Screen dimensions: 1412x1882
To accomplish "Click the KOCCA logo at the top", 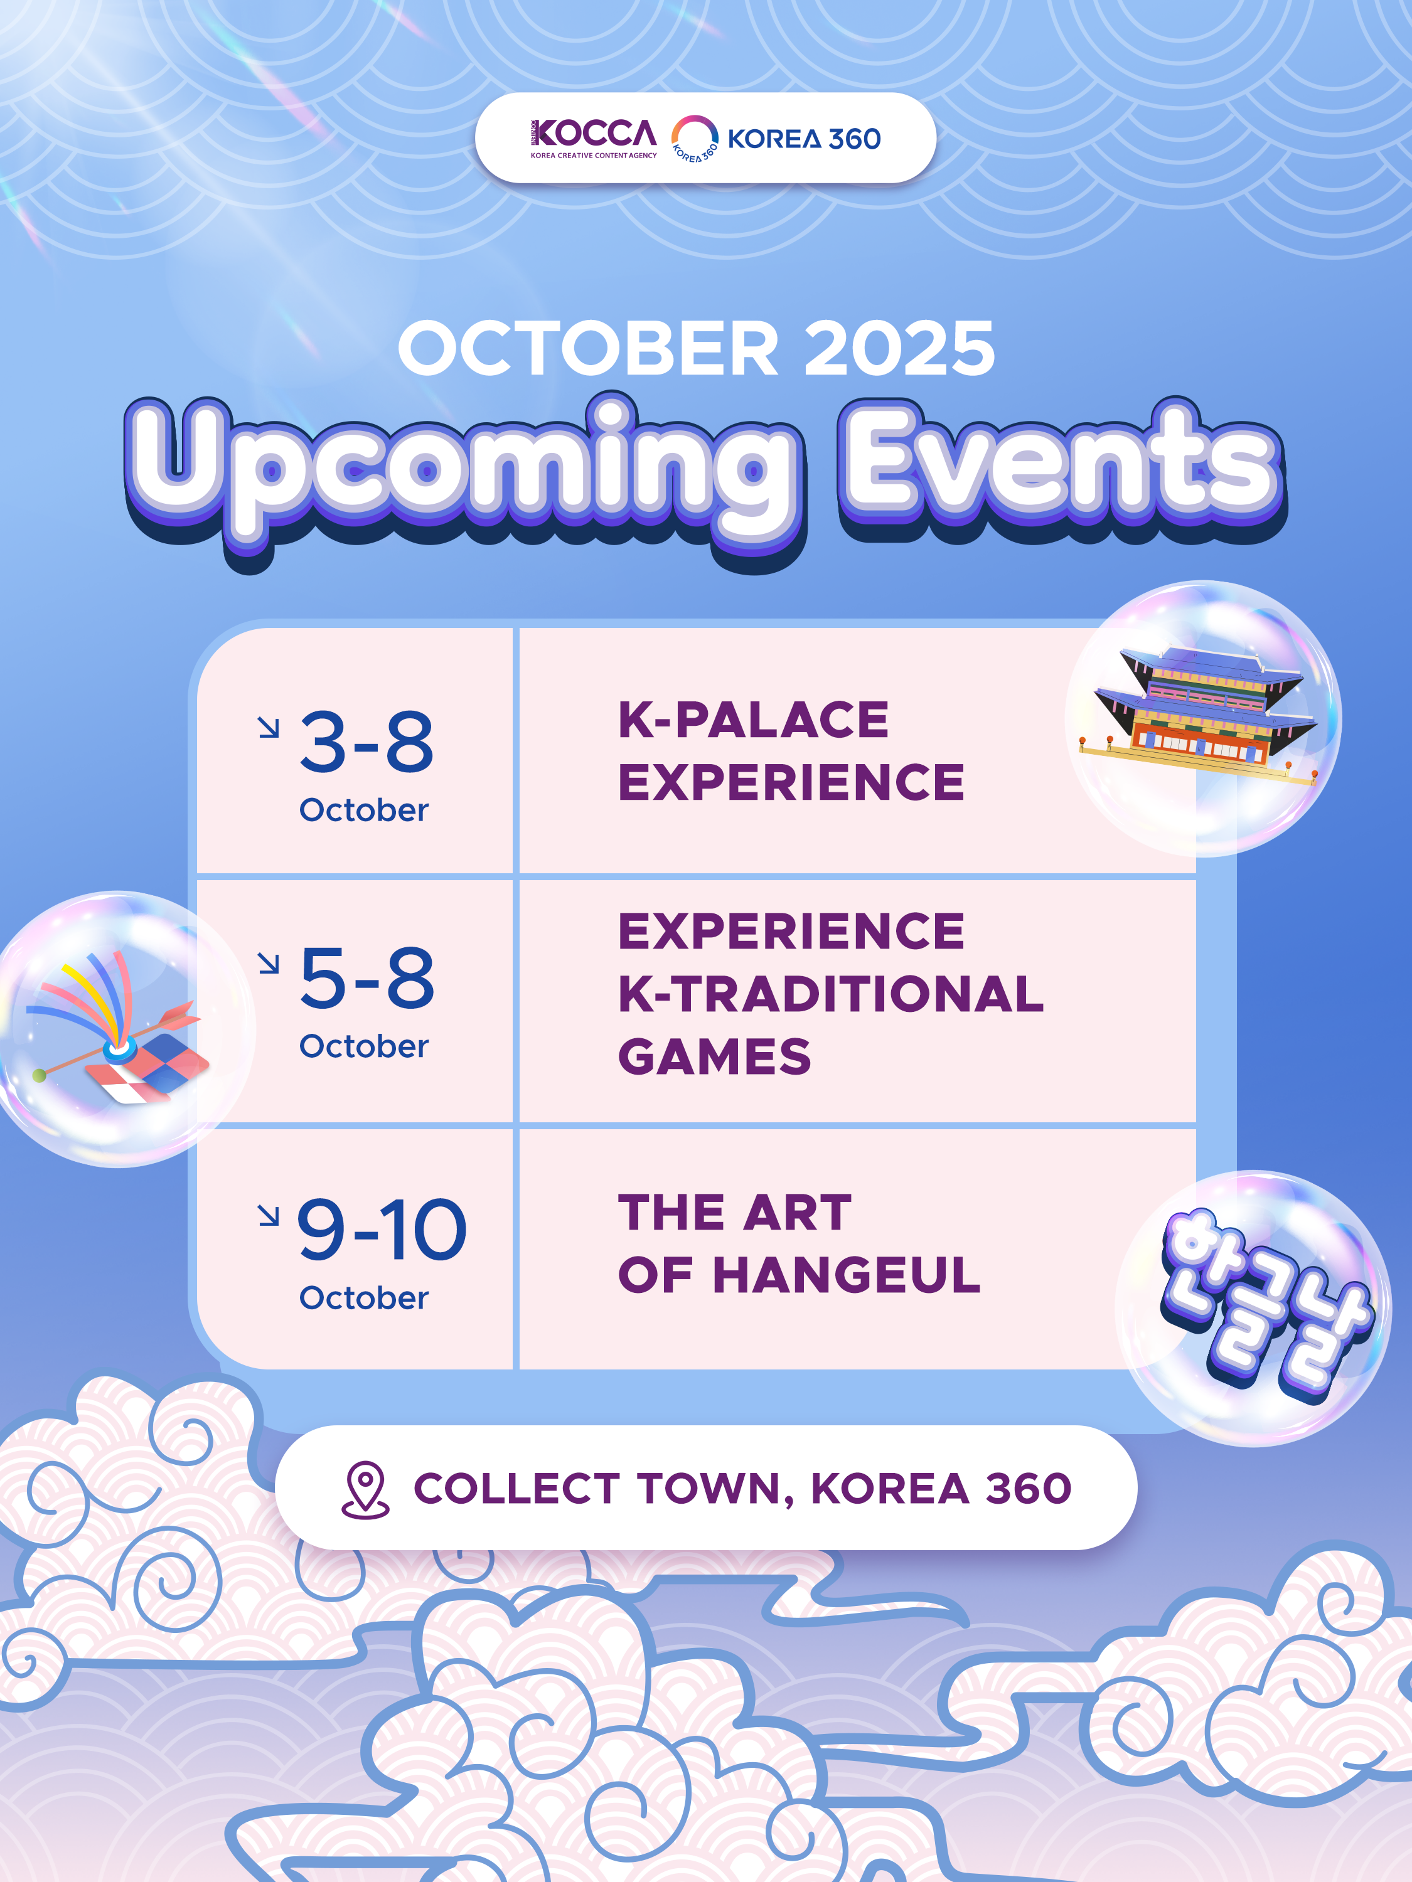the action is coord(593,139).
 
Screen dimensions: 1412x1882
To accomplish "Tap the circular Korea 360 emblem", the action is coord(695,139).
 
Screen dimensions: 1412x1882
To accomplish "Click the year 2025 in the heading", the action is coord(900,348).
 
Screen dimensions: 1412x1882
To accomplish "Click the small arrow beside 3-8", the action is coord(269,728).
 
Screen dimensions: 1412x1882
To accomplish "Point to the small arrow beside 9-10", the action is coord(269,1216).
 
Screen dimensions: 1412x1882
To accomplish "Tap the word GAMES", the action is coord(715,1056).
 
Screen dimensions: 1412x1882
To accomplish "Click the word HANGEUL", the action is coord(847,1275).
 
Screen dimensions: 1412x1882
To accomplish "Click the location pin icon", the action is coord(365,1490).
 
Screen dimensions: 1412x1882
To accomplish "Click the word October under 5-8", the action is coord(363,1046).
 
